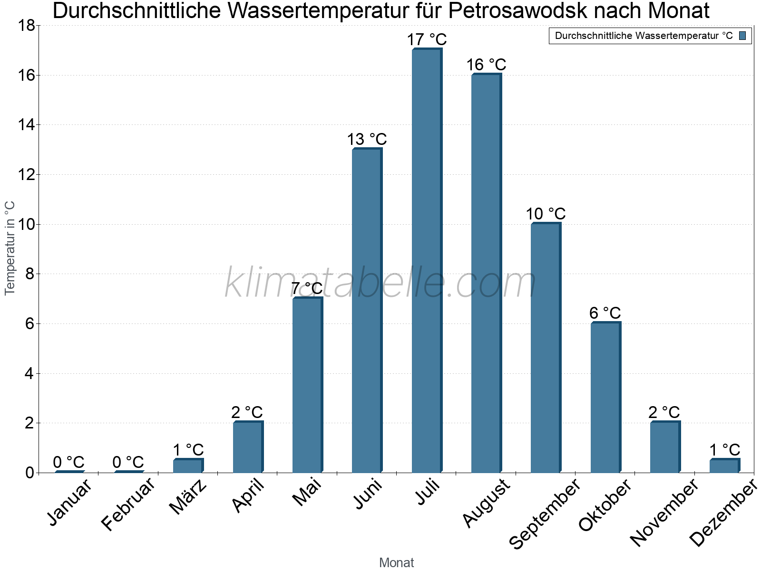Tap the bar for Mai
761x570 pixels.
coord(307,385)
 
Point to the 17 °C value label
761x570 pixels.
coord(427,39)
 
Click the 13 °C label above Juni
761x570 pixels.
coord(367,140)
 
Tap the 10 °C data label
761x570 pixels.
coord(546,214)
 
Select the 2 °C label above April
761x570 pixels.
coord(247,412)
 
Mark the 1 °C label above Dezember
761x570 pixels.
coord(725,450)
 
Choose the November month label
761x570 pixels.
coord(664,513)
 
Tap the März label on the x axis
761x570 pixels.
coord(188,497)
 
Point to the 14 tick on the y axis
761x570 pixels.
coord(26,125)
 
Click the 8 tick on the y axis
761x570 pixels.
coord(29,274)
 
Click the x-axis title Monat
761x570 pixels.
coord(396,562)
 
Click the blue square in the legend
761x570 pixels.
coord(742,36)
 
